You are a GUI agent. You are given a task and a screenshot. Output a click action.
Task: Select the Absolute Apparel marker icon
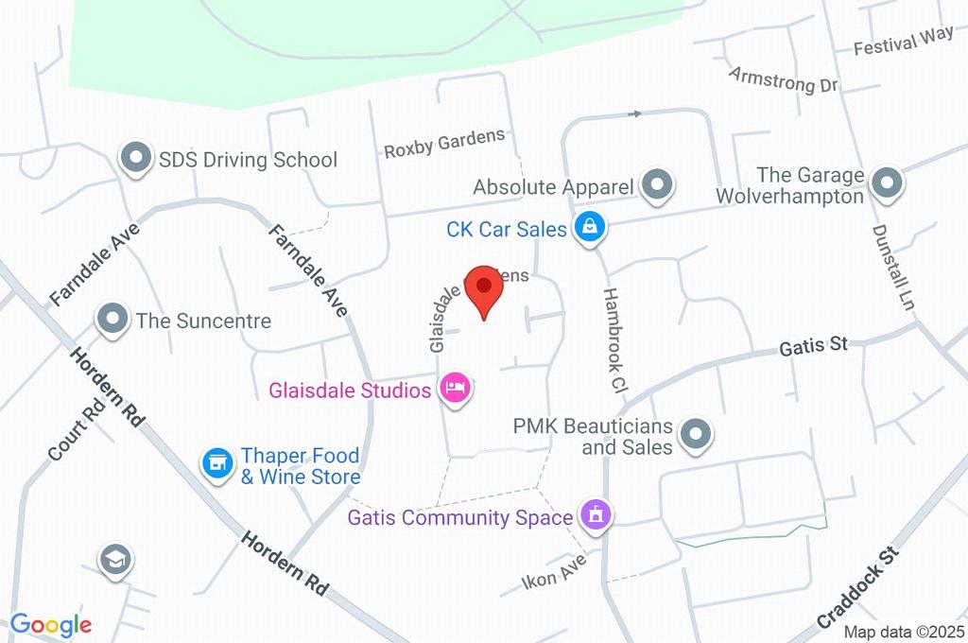point(655,185)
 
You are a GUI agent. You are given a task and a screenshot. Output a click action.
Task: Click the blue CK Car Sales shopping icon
point(591,227)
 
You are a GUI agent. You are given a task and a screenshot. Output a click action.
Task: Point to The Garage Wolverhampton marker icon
point(887,184)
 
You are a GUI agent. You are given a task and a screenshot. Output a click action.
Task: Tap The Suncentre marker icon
point(113,320)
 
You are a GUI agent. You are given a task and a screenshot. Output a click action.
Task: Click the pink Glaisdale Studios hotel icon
point(456,389)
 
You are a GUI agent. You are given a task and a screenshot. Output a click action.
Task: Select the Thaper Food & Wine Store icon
point(218,463)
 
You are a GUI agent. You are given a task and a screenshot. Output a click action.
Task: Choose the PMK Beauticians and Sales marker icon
point(696,434)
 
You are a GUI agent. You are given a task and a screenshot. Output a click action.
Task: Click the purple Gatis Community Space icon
point(596,516)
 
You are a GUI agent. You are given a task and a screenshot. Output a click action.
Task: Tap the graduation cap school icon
point(115,560)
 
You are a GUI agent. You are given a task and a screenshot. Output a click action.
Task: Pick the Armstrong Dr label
point(784,79)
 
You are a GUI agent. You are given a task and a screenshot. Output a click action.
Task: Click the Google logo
point(51,624)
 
